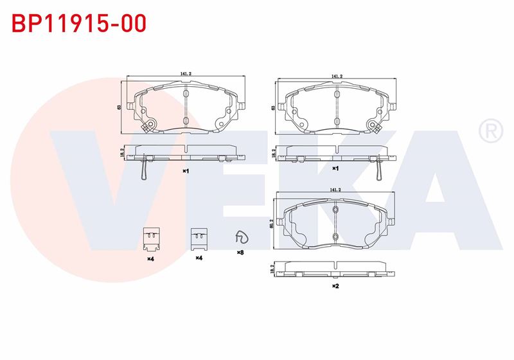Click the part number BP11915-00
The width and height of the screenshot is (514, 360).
(79, 23)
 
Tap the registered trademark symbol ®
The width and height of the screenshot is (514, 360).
(491, 130)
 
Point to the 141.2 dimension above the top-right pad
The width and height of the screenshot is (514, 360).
(337, 76)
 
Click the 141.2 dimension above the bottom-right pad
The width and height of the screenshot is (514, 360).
(335, 190)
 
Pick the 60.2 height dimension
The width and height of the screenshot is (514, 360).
(271, 224)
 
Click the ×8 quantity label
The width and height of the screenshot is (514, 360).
(240, 253)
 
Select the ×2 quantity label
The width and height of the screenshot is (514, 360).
(335, 286)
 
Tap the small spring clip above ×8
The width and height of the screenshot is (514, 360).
(242, 237)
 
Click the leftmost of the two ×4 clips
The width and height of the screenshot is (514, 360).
(152, 239)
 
